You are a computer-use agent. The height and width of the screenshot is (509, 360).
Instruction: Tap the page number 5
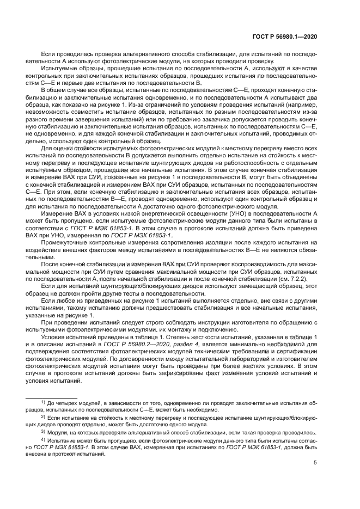316,463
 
